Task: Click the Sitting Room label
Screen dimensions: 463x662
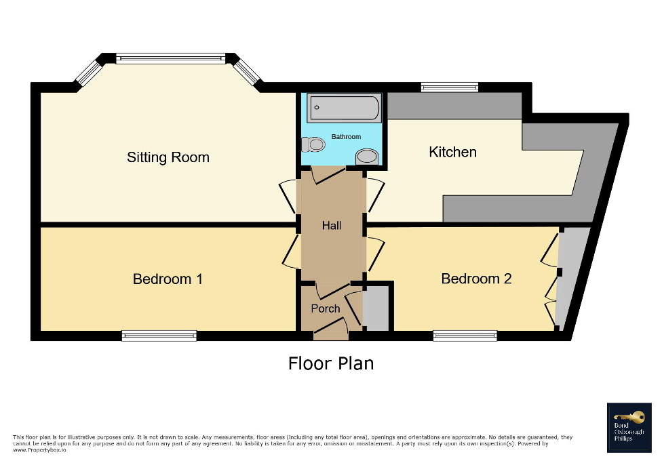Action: [x=168, y=157]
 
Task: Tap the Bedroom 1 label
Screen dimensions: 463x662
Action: [x=168, y=279]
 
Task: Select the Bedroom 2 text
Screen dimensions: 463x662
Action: [x=476, y=279]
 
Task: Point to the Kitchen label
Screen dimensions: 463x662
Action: [x=452, y=152]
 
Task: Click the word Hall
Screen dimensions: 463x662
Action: [x=332, y=226]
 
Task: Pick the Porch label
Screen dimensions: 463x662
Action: [x=325, y=308]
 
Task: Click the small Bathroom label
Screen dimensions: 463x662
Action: [x=346, y=137]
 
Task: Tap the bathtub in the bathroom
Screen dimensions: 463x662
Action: [x=344, y=108]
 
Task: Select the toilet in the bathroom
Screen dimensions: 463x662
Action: [x=314, y=144]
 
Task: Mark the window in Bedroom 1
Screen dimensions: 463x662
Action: [x=159, y=335]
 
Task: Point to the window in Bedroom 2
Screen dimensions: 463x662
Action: [x=465, y=335]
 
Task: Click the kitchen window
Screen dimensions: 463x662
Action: [x=449, y=87]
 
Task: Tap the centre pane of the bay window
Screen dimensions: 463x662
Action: [x=170, y=59]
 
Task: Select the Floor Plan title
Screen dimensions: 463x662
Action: [x=330, y=363]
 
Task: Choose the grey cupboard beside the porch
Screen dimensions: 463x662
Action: [x=376, y=308]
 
